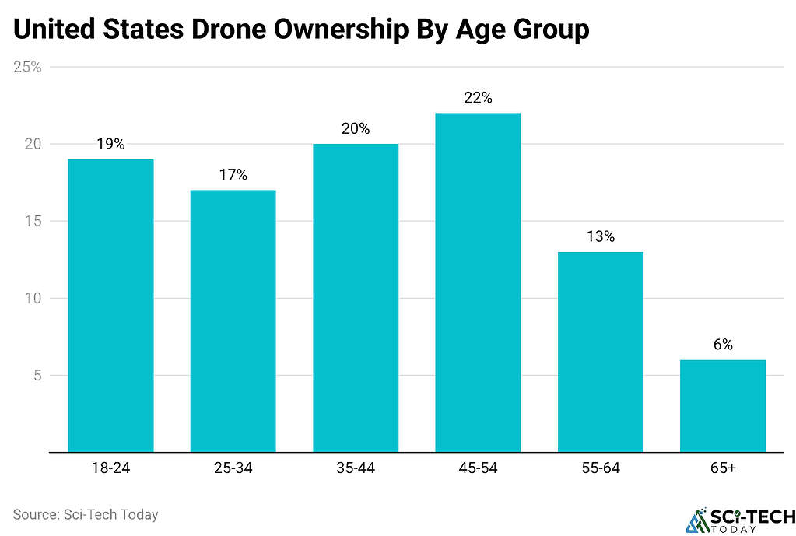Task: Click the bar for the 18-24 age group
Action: pyautogui.click(x=110, y=305)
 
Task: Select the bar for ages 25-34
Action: pyautogui.click(x=233, y=321)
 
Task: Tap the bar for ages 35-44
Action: pyautogui.click(x=356, y=297)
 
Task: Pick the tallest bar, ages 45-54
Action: pyautogui.click(x=478, y=282)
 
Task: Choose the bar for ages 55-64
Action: pyautogui.click(x=600, y=352)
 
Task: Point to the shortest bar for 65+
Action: pyautogui.click(x=722, y=405)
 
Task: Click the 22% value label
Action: pyautogui.click(x=478, y=98)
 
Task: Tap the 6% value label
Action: pyautogui.click(x=722, y=345)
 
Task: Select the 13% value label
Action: pyautogui.click(x=600, y=236)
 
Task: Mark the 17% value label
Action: pyautogui.click(x=233, y=175)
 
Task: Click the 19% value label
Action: pyautogui.click(x=110, y=144)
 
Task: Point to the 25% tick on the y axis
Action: pyautogui.click(x=27, y=67)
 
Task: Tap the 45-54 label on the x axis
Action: pyautogui.click(x=478, y=468)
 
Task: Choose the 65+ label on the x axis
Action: pyautogui.click(x=722, y=468)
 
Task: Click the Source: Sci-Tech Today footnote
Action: pyautogui.click(x=86, y=514)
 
